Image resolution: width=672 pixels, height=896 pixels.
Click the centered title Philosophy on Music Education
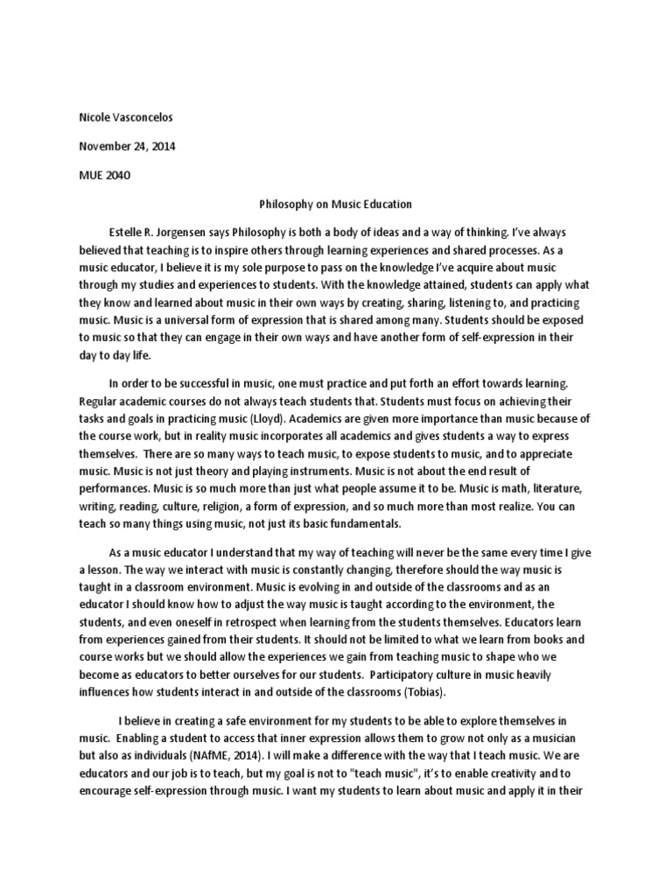[336, 204]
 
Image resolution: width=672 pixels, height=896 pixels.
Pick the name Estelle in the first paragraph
[127, 232]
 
